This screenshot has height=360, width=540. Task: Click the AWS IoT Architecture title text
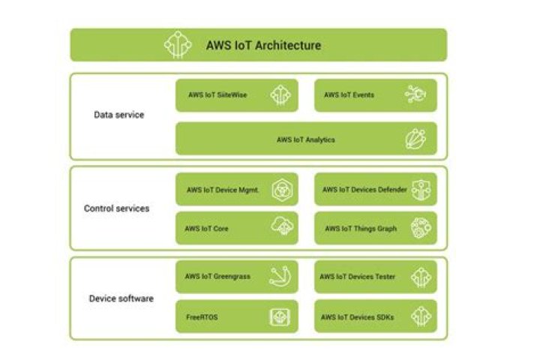[263, 45]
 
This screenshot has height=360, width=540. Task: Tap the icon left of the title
[178, 45]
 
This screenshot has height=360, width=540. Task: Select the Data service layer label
[118, 115]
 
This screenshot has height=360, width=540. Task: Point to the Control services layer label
[116, 208]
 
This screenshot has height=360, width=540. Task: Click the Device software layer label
[121, 298]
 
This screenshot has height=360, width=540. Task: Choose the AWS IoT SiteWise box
[236, 95]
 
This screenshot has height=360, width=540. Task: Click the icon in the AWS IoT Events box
[417, 95]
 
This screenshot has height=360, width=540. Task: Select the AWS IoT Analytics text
[305, 139]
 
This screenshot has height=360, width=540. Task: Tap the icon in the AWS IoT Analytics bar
[416, 139]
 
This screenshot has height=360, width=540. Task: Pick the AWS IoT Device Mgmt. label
[223, 190]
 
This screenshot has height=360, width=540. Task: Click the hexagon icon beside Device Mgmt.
[280, 190]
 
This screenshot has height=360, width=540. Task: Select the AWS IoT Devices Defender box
[375, 190]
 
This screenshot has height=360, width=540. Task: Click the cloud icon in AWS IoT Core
[281, 228]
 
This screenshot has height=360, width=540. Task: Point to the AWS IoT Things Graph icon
[421, 228]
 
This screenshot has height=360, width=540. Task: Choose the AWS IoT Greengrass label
[217, 277]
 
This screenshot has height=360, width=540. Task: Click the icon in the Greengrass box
[281, 277]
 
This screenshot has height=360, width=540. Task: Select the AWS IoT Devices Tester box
[375, 277]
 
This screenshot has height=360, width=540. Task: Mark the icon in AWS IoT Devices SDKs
[421, 316]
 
